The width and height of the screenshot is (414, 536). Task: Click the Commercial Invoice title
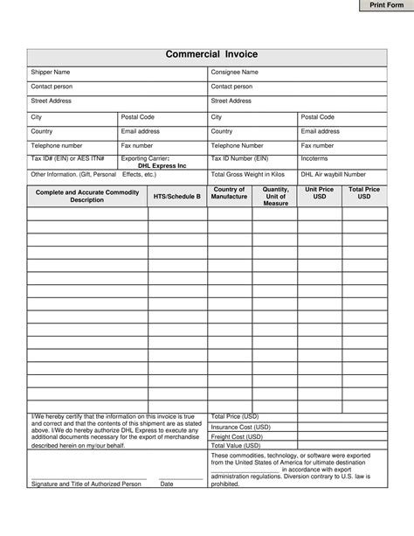tap(206, 55)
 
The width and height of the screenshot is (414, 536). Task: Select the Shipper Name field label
tap(52, 72)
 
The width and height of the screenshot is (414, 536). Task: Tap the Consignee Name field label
tap(234, 72)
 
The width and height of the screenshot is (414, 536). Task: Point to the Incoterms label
tap(314, 159)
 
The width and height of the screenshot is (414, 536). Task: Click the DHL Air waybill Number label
tap(334, 174)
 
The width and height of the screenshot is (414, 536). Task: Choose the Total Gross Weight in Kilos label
tap(248, 174)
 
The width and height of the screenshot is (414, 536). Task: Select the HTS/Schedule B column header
tap(176, 197)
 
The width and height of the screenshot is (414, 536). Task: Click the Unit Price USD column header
tap(320, 193)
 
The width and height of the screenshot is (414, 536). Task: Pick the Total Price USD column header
tap(363, 193)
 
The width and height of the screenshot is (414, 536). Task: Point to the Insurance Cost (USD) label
tap(241, 427)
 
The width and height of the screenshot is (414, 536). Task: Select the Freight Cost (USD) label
tap(237, 436)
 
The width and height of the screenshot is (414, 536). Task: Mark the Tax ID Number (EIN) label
tap(239, 159)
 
